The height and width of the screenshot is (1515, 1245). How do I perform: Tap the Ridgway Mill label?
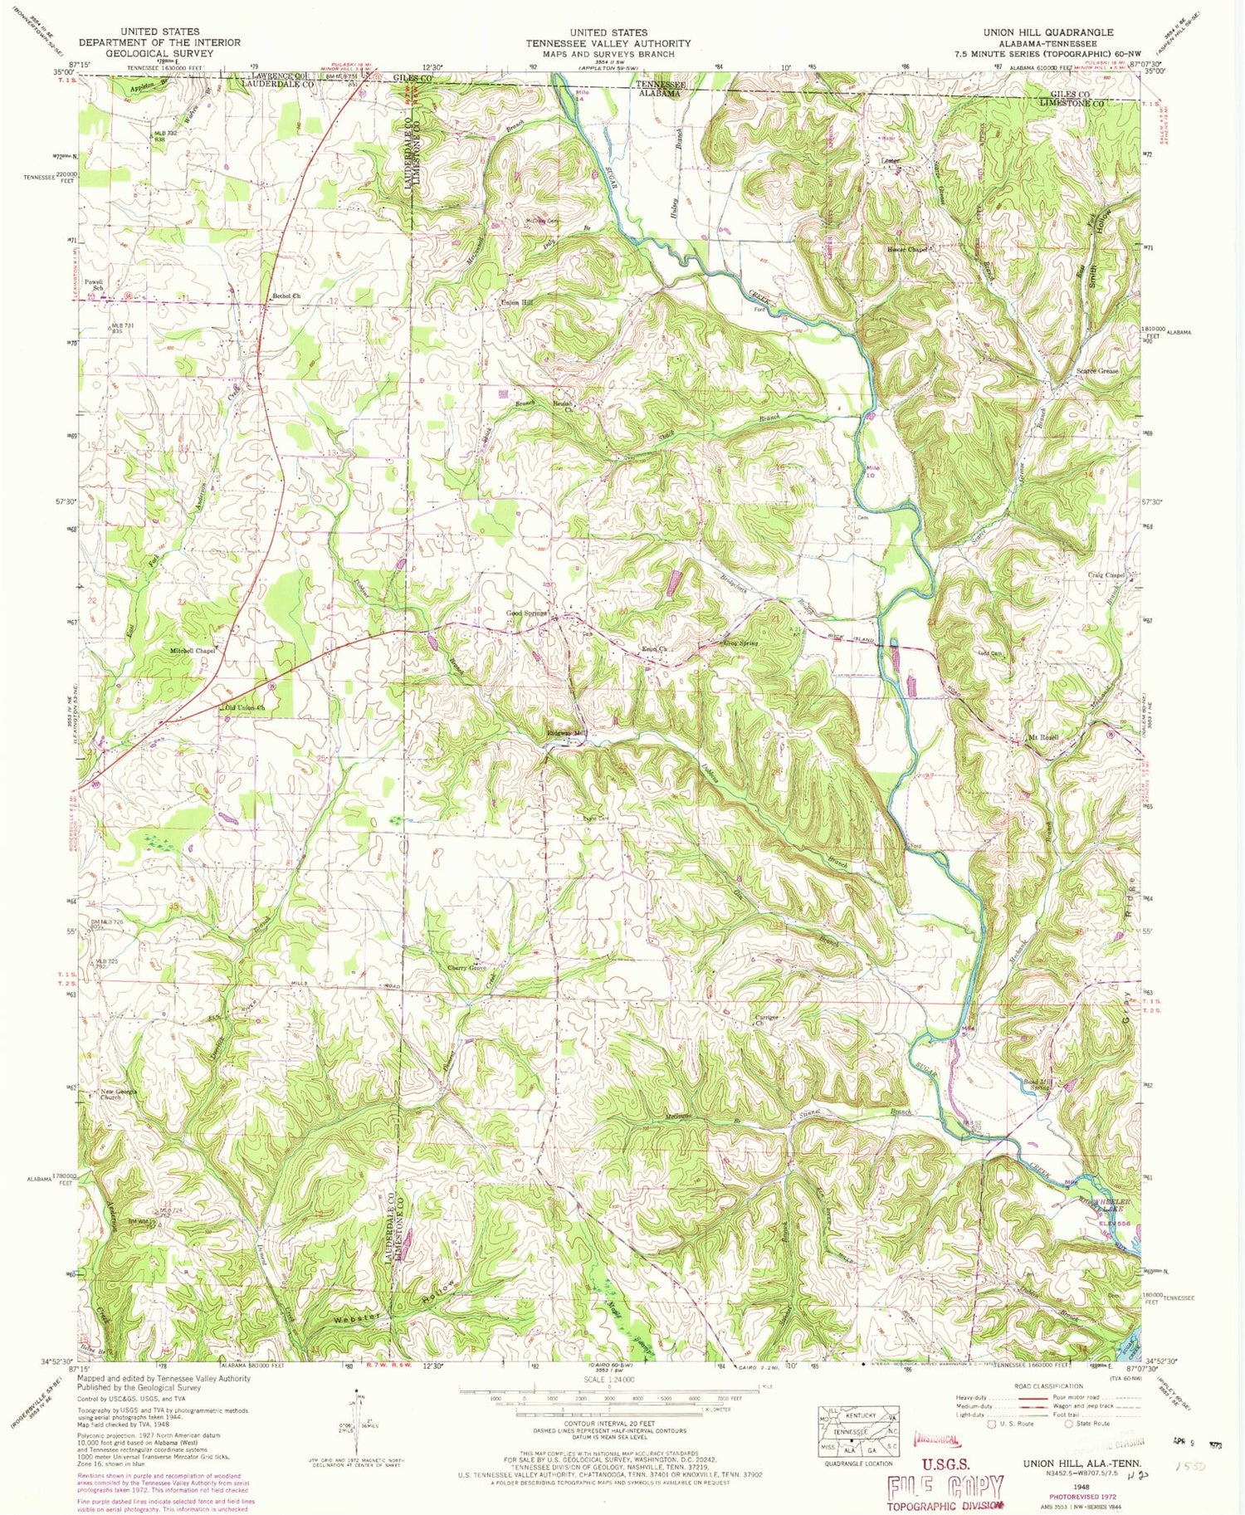pyautogui.click(x=567, y=733)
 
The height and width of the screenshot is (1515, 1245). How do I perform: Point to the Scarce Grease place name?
pyautogui.click(x=1097, y=371)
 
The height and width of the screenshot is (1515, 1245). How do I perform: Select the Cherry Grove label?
pyautogui.click(x=466, y=968)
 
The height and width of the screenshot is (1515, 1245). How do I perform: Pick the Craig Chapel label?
pyautogui.click(x=1106, y=574)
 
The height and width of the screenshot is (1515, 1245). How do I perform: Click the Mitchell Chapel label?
pyautogui.click(x=193, y=651)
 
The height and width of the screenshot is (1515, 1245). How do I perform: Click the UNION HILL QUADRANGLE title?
pyautogui.click(x=1047, y=32)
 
